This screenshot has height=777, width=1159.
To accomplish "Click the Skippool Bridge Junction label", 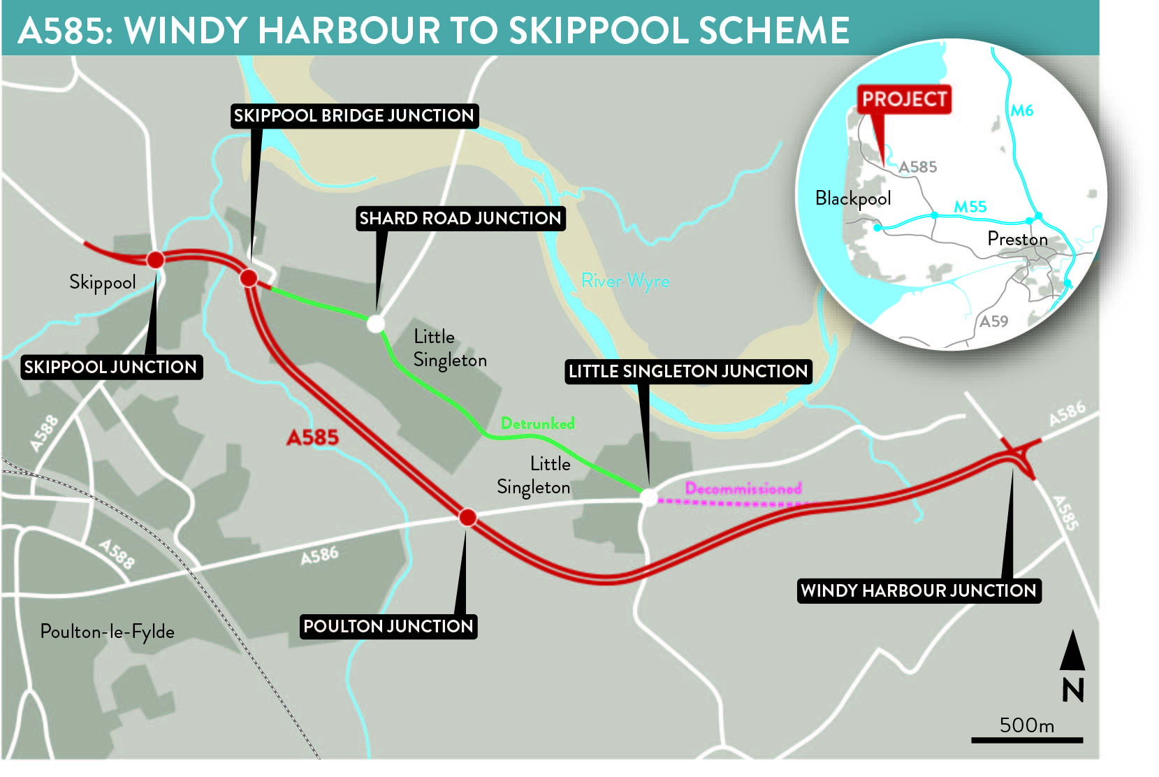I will point(354,116).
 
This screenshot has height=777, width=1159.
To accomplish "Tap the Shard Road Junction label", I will point(460,219).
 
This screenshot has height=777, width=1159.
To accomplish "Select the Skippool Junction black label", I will point(111,368).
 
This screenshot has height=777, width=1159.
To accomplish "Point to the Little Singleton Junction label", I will point(688,372).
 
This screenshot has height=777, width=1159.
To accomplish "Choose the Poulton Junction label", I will point(388,627).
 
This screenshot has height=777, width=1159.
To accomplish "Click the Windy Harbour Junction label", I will point(919,591).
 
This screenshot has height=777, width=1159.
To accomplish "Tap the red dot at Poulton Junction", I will point(468,518).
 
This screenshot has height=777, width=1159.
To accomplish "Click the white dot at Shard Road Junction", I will point(376,324).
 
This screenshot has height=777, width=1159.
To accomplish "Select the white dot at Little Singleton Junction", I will point(649,498).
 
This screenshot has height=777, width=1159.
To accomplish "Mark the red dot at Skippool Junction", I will point(155,260).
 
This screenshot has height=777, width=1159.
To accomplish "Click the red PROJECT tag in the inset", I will point(904,100).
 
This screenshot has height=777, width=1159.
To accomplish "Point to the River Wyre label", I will point(625,282).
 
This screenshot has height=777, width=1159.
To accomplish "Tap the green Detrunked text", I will point(537,423).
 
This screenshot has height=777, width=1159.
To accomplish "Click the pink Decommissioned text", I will point(743,488).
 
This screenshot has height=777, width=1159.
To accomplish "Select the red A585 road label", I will point(312,438).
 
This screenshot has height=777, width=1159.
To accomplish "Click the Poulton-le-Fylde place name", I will point(108,632).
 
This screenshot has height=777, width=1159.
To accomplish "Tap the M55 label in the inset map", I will point(970,207).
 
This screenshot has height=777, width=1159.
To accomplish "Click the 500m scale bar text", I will point(1027,725).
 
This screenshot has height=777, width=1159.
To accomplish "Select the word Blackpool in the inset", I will point(853,199).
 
